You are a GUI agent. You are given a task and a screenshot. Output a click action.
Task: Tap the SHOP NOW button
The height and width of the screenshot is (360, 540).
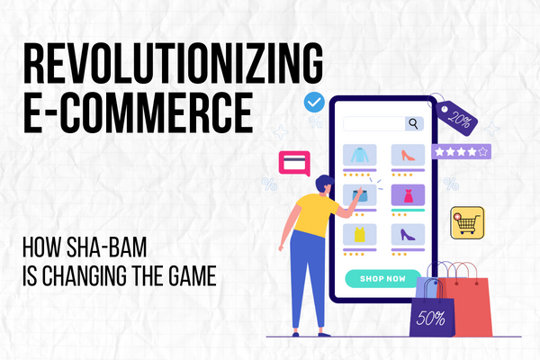pos(382,278)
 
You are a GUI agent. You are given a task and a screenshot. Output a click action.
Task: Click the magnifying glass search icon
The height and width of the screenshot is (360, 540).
pos(413,124)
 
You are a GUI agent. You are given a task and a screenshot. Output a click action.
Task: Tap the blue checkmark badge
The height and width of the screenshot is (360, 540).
pos(314,103)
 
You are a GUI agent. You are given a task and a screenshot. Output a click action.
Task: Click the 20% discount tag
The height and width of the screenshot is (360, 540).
pos(459,117)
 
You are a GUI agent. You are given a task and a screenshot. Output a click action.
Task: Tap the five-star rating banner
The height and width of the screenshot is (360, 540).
pos(461,152)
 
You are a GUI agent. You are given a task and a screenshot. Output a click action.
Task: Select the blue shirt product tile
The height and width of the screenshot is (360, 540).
pos(359,154)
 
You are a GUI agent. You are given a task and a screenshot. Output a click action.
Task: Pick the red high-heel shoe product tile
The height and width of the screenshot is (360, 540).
pos(407,154)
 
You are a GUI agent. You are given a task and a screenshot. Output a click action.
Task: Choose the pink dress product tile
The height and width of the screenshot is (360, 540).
pos(407,195)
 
